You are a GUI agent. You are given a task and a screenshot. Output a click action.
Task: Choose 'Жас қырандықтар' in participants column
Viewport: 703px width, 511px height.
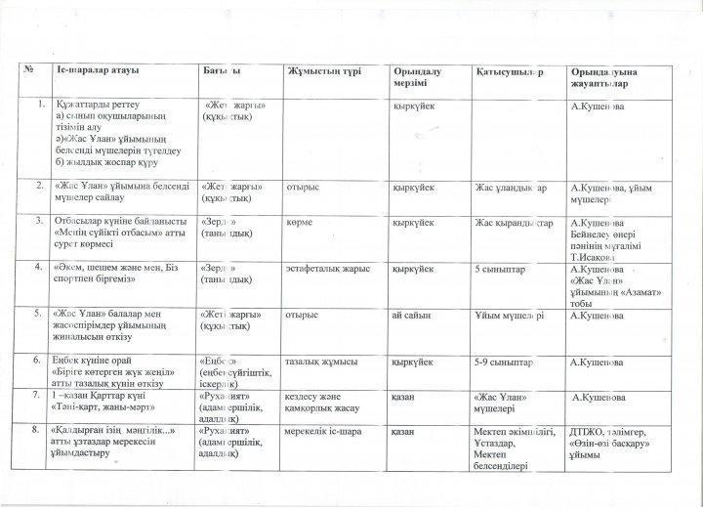(515, 223)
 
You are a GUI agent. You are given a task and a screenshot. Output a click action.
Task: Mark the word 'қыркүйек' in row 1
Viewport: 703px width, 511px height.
(413, 106)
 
